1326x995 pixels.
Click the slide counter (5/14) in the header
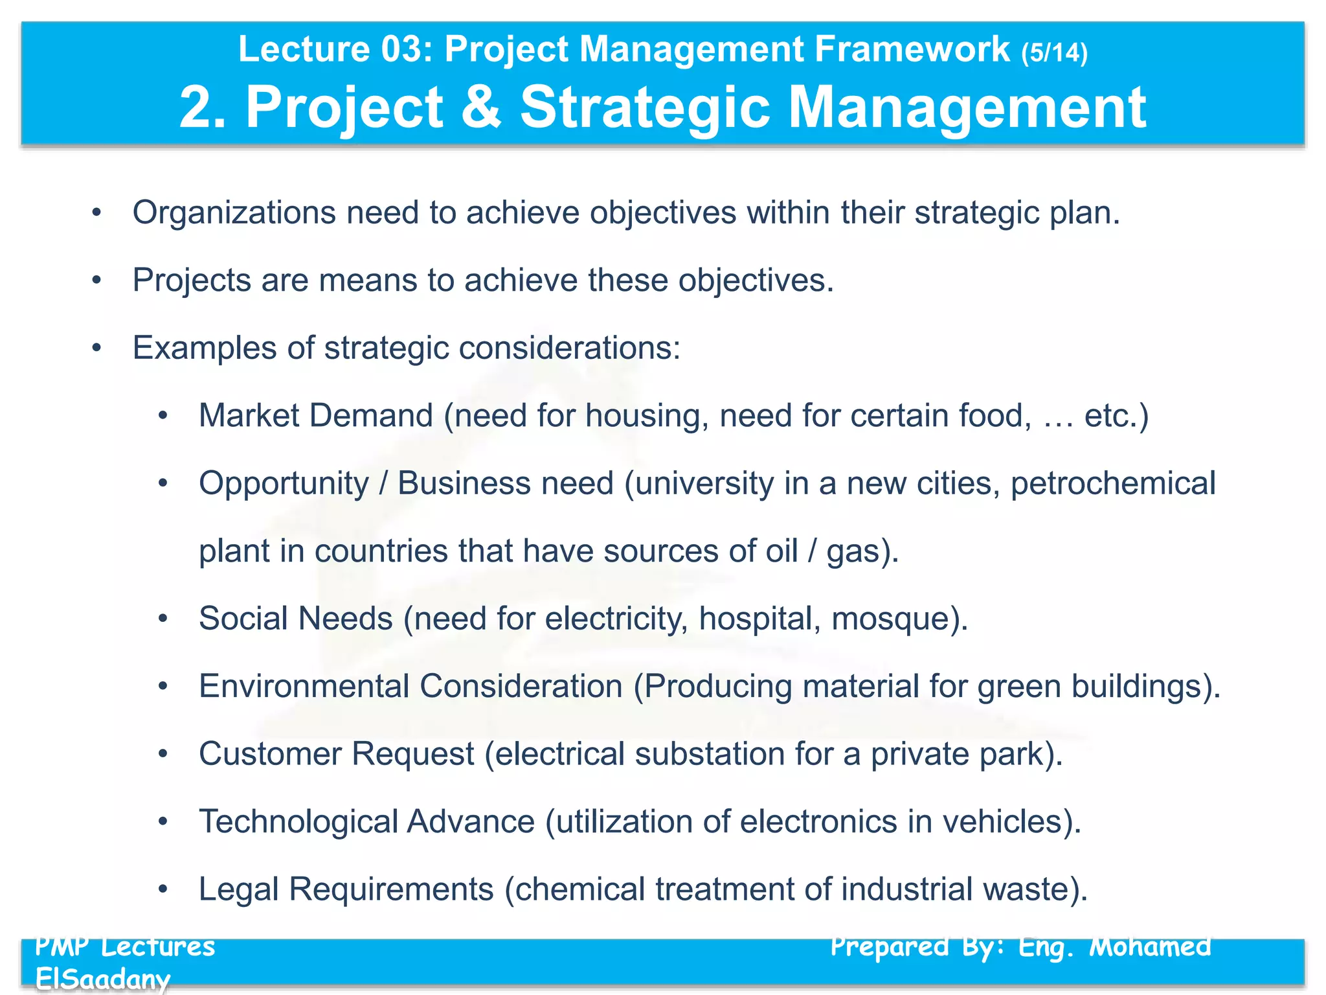point(1054,52)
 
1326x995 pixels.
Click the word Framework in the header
point(912,49)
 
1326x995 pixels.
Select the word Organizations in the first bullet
point(234,213)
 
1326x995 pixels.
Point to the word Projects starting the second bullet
point(192,281)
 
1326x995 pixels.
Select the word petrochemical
point(1113,483)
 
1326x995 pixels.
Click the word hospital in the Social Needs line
point(756,619)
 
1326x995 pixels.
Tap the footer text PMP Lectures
point(125,947)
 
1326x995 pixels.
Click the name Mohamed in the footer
point(1150,947)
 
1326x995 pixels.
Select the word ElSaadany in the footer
point(102,978)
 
